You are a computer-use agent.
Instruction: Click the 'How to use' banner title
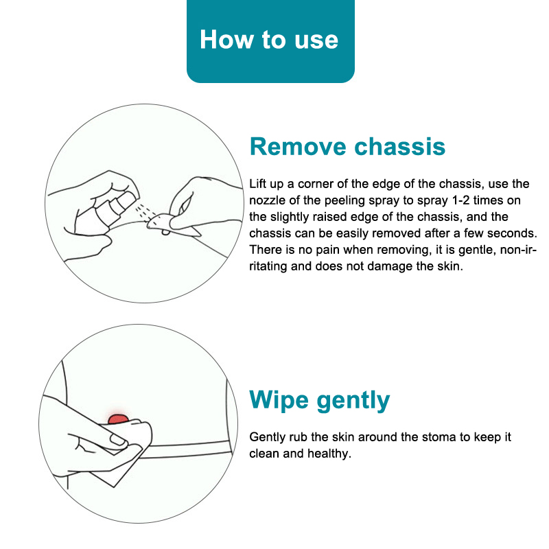point(269,40)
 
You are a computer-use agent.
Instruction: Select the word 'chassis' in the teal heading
point(400,146)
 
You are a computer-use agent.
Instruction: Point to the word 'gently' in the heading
point(353,401)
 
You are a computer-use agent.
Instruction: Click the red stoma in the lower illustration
point(118,419)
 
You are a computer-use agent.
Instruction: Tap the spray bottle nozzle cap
point(124,200)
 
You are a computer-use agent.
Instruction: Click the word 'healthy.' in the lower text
point(329,454)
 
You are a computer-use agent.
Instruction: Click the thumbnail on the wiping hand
point(117,440)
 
